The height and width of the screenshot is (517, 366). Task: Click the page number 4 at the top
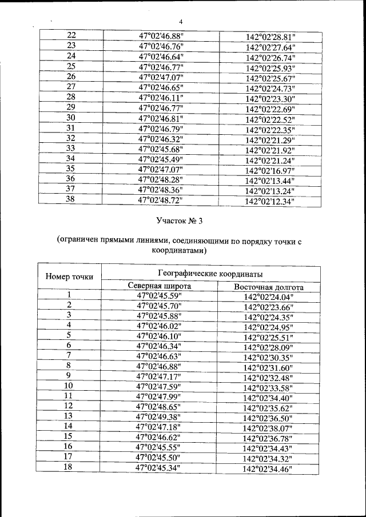pos(181,22)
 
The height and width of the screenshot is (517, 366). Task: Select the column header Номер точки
pos(69,277)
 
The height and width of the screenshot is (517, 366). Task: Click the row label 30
pos(71,118)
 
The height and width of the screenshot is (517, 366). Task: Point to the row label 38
pos(71,199)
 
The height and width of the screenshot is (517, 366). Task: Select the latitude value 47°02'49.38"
pos(160,416)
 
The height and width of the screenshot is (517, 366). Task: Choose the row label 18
pos(69,467)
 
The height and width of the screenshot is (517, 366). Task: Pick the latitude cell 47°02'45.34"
pos(160,467)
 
